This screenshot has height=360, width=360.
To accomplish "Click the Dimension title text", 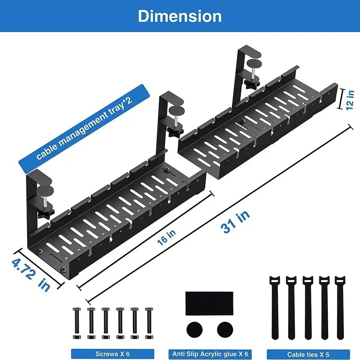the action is tap(180, 17).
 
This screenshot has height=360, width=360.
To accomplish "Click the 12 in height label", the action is tap(349, 100).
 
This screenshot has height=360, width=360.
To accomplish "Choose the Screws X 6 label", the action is tap(112, 354).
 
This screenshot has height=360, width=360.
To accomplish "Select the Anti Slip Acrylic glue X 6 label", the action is tap(210, 354).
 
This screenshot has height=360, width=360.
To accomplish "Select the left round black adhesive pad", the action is tap(195, 329).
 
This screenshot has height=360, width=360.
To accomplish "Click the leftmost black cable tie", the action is tap(275, 307).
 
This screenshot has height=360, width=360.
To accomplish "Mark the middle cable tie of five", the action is tap(307, 307).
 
